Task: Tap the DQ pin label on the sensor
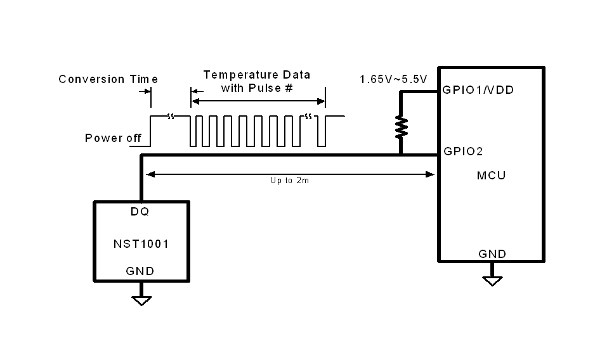coord(140,212)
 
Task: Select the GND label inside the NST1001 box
coord(140,271)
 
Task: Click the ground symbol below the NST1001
coord(141,300)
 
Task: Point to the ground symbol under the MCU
coord(492,280)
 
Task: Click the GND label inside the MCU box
coord(492,254)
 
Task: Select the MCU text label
coord(491,175)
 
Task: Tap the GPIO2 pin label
coord(464,151)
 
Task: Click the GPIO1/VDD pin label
coord(478,90)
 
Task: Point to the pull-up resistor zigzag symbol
coord(401,126)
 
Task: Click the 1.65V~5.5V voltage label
coord(393,79)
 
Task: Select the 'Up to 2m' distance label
coord(290,181)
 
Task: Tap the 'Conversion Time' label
coord(108,79)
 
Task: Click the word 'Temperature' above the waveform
coord(233,75)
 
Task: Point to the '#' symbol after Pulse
coord(289,88)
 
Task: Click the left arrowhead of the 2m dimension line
coord(149,173)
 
